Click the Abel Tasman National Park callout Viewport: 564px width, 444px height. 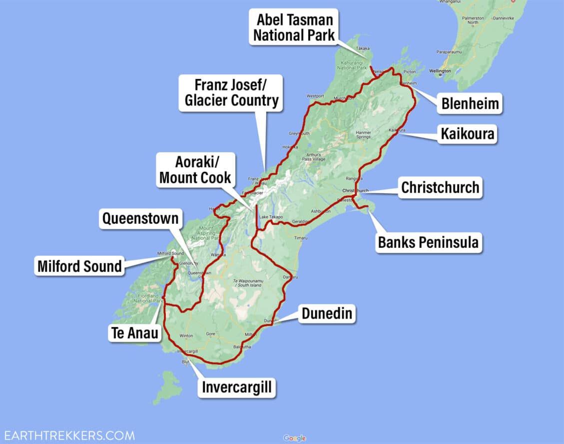(293, 27)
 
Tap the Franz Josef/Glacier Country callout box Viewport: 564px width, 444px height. (231, 92)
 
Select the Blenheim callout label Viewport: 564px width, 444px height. (470, 103)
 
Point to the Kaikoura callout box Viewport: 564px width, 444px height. (467, 134)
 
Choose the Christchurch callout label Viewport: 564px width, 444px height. (440, 188)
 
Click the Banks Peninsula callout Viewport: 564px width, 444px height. (428, 243)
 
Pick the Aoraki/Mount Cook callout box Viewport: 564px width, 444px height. (195, 170)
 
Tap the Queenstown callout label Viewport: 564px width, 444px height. (140, 218)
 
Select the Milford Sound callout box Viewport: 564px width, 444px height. (79, 266)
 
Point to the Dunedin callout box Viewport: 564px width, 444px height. (327, 314)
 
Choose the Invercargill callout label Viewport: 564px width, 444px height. (237, 388)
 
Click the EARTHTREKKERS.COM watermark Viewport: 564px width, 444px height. (68, 435)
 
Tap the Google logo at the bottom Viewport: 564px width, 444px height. (294, 438)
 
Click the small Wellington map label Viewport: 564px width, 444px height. (440, 71)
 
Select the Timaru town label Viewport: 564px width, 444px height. (301, 238)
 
